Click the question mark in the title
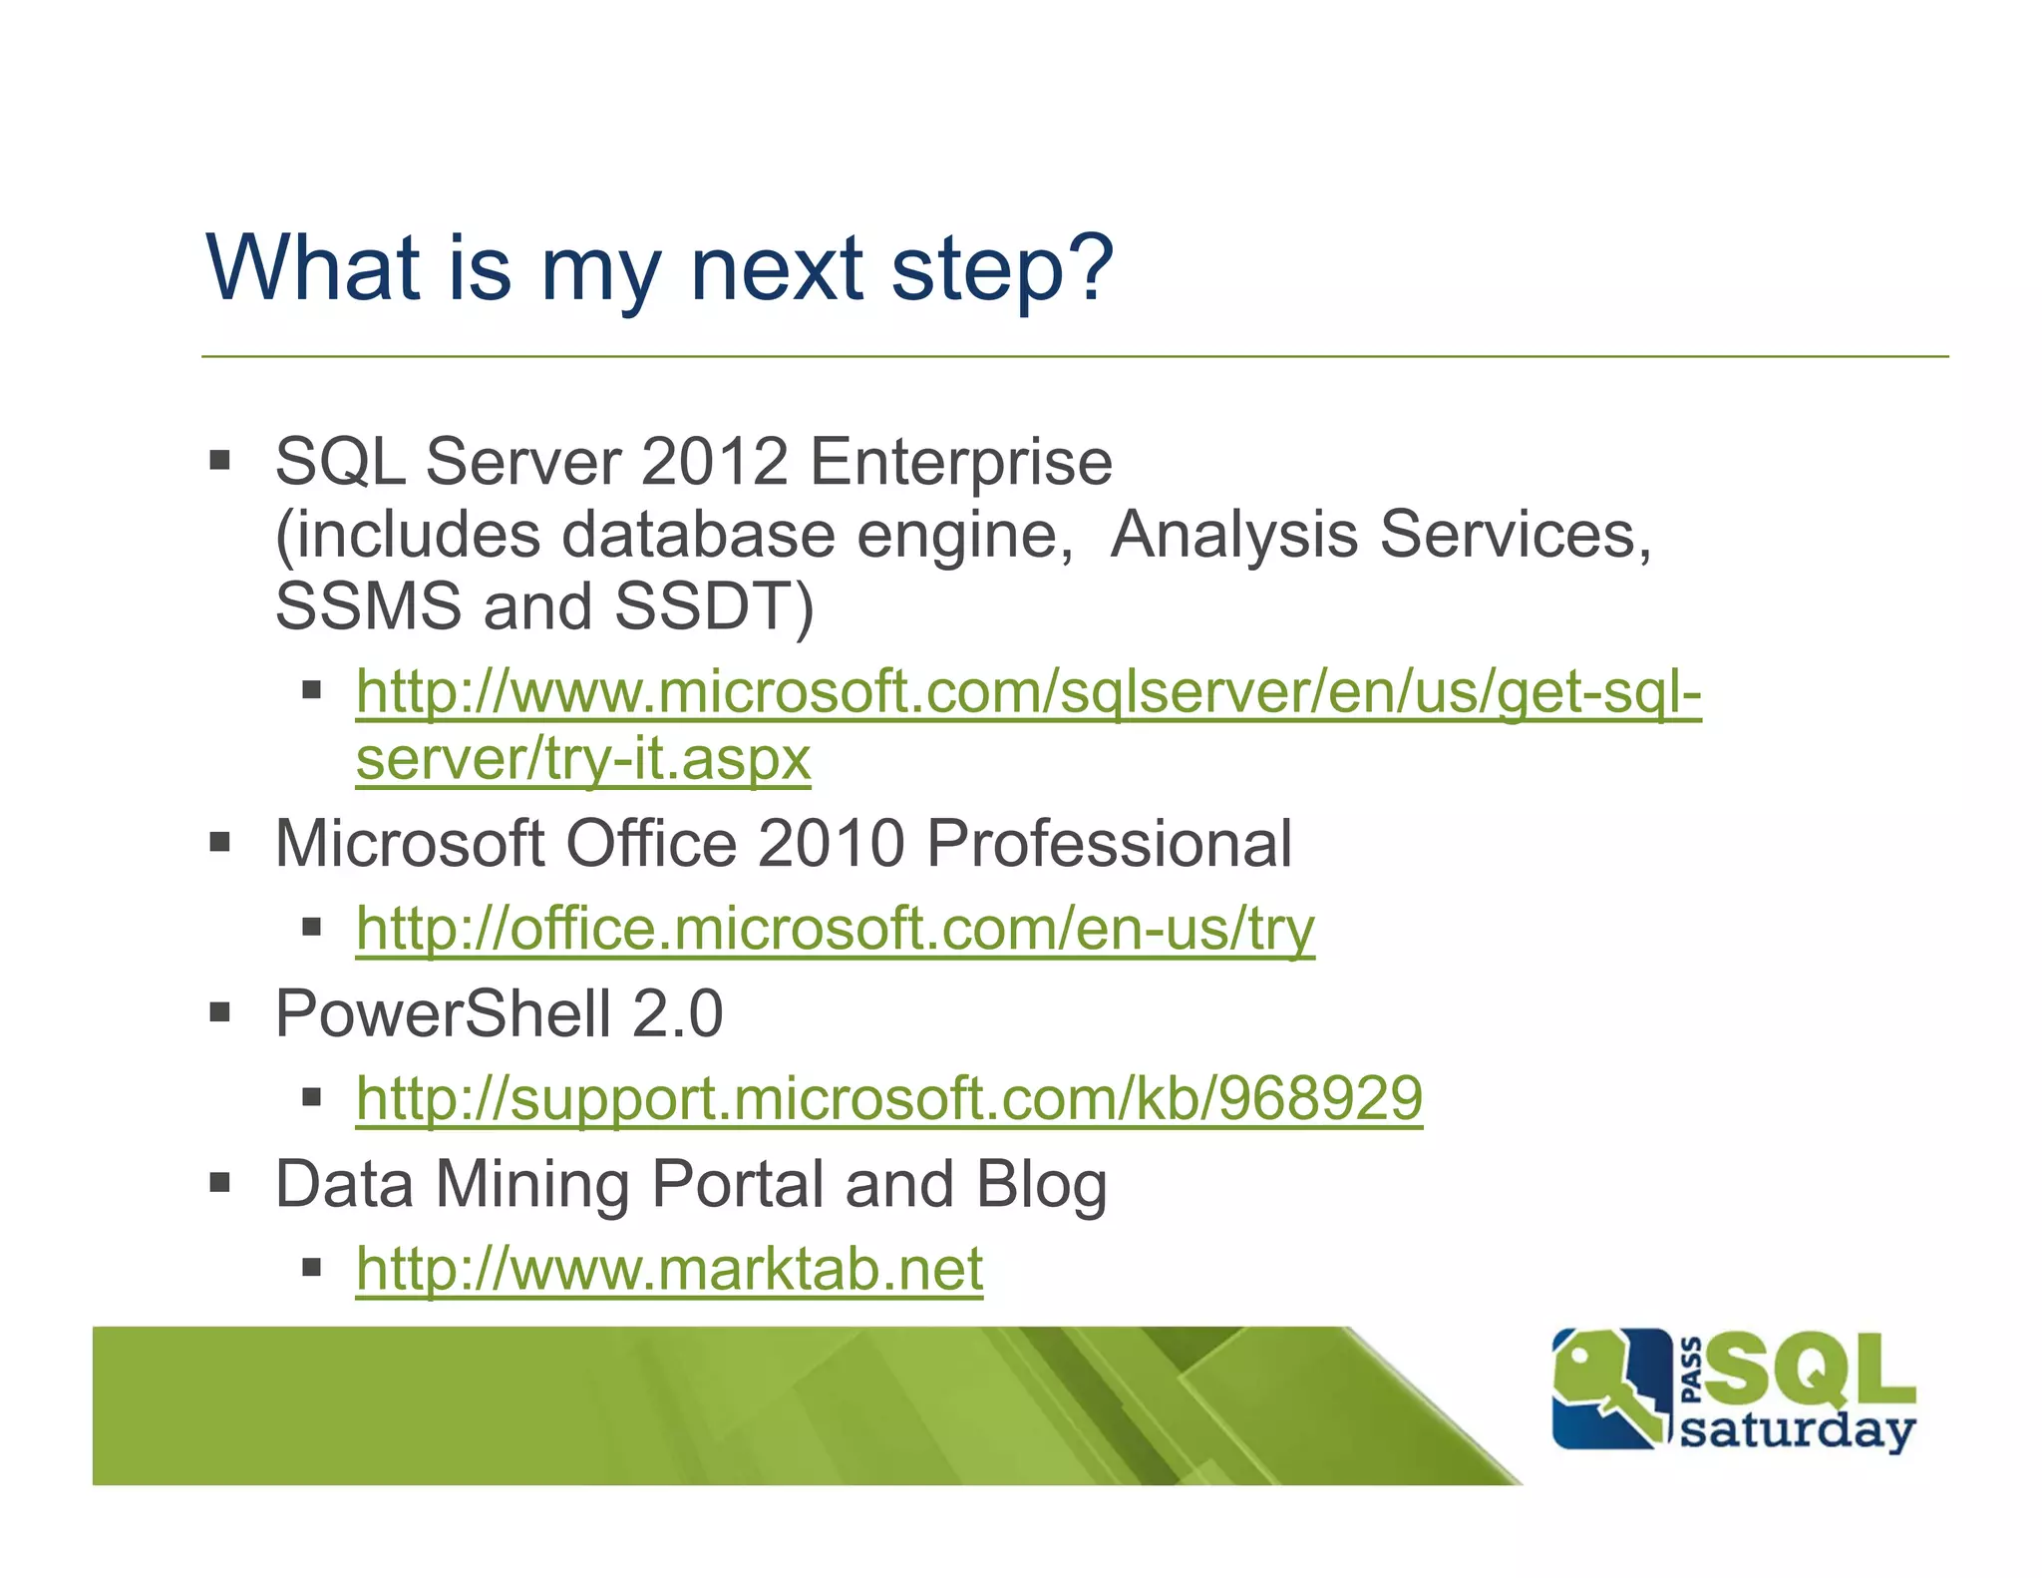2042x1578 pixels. [1084, 266]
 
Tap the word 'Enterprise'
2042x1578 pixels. [960, 464]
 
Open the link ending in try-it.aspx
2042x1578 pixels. [583, 759]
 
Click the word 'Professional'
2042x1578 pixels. [1109, 844]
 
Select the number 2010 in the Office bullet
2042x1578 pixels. [831, 844]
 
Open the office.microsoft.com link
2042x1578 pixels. [835, 930]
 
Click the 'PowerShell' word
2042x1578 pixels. [443, 1013]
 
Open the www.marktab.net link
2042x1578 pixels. [669, 1269]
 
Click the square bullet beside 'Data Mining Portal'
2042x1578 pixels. [220, 1183]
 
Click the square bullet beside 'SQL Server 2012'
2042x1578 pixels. [220, 461]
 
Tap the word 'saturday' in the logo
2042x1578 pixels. [1797, 1432]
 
